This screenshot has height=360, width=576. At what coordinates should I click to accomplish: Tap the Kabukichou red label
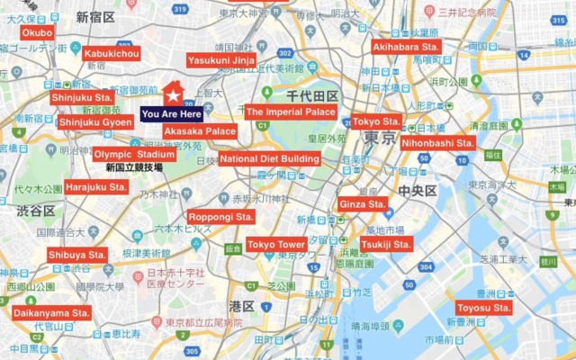(x=112, y=54)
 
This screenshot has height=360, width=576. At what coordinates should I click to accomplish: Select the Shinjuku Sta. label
(x=82, y=97)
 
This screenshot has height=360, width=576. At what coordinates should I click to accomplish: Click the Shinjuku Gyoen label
(x=95, y=121)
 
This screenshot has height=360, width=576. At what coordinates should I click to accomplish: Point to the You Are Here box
(x=172, y=114)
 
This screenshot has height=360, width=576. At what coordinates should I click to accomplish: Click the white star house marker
(x=173, y=94)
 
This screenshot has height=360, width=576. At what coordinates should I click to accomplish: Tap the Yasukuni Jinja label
(x=221, y=60)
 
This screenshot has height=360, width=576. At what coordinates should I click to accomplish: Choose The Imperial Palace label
(x=291, y=112)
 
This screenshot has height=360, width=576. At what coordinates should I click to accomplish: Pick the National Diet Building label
(x=270, y=159)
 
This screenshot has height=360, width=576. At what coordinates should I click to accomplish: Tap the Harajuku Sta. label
(x=96, y=187)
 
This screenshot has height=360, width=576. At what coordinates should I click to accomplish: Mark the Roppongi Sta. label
(x=221, y=217)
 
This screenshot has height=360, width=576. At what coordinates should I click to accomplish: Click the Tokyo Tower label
(x=277, y=245)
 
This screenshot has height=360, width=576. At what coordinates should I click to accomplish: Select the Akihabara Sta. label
(x=406, y=46)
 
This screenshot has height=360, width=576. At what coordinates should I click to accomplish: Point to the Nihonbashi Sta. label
(x=438, y=142)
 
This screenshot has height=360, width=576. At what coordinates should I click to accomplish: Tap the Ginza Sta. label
(x=364, y=204)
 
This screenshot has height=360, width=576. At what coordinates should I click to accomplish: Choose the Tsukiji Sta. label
(x=386, y=244)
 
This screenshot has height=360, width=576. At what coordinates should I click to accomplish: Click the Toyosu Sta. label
(x=483, y=308)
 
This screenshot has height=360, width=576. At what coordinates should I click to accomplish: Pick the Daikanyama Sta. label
(x=51, y=313)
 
